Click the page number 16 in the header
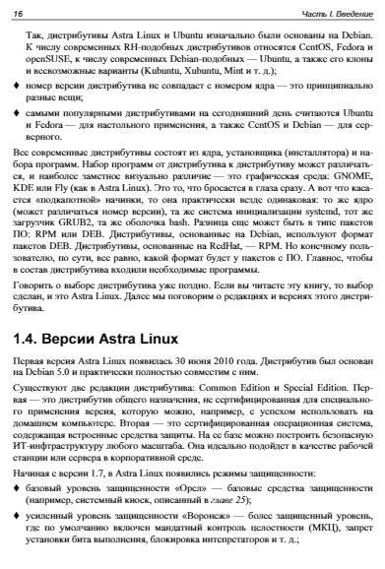(x=19, y=11)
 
